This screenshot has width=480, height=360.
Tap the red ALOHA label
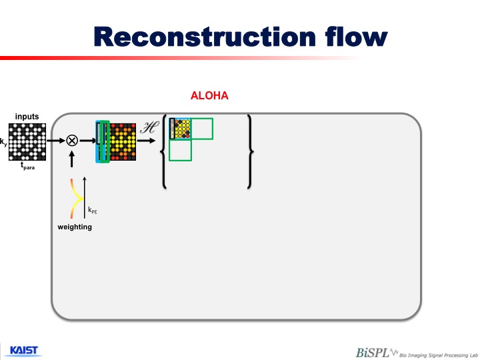[209, 96]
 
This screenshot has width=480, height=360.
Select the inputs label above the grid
[27, 117]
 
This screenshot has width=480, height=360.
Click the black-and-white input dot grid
[27, 141]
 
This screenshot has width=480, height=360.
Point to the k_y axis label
[3, 141]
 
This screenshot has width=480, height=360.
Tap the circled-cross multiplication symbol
[71, 141]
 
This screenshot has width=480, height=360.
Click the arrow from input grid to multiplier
[56, 141]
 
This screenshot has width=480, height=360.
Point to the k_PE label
[92, 211]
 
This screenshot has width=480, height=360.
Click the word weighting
[74, 227]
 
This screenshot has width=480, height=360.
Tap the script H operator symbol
[149, 129]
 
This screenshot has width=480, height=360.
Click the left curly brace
[165, 152]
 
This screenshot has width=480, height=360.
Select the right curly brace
[249, 152]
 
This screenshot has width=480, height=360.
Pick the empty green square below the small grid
[180, 150]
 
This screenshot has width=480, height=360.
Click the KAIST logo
[24, 351]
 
